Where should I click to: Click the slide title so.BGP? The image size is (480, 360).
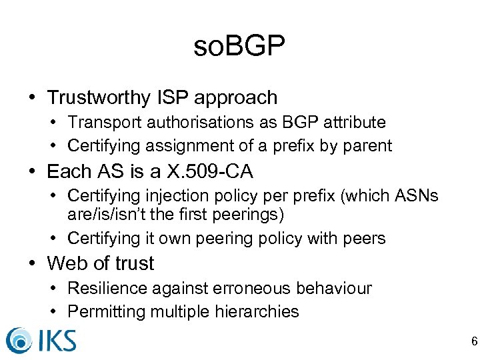point(239,47)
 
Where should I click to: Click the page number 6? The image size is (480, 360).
point(474,342)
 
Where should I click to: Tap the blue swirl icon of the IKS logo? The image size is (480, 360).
point(19,341)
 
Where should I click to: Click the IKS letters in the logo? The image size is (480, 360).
point(57,340)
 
